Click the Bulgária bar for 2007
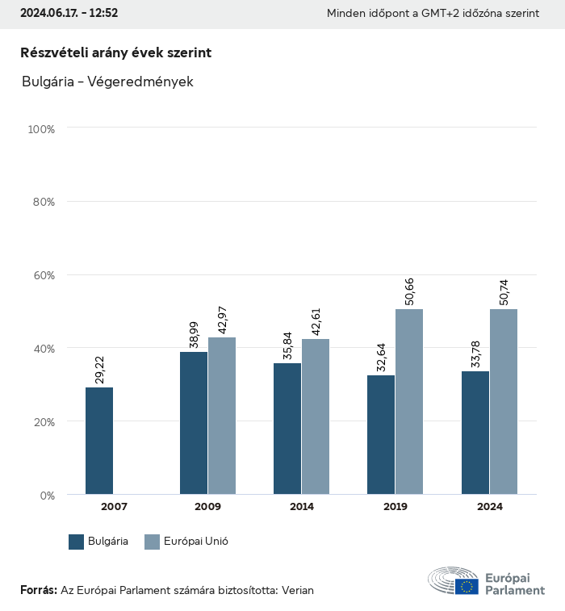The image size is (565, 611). point(99,441)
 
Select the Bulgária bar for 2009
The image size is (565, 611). point(194,423)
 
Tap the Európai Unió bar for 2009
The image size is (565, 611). point(222,416)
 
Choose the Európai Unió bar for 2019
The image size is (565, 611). point(409,401)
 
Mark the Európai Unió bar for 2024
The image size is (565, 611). point(504,401)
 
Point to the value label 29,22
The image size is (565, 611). point(100,369)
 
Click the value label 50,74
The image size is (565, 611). point(504,291)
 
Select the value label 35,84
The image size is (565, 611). point(288,345)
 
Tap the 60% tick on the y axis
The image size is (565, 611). point(42,275)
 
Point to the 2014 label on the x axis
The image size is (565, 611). point(302,507)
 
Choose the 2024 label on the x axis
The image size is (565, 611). point(489,507)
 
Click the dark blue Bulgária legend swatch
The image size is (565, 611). point(77,542)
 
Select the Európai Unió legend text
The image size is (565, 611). point(197,542)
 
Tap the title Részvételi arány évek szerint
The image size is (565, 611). point(115,52)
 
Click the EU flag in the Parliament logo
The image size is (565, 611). point(467,587)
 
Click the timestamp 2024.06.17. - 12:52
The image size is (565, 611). point(69,14)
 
